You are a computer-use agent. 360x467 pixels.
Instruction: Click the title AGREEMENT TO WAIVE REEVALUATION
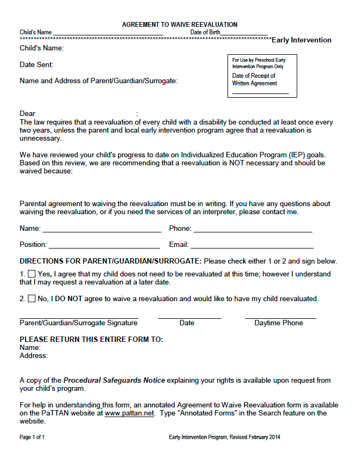(x=180, y=25)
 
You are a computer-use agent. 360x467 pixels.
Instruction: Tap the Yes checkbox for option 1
(x=32, y=274)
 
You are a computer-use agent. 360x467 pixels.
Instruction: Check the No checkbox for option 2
(x=32, y=298)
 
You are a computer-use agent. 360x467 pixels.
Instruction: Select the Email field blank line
(x=252, y=247)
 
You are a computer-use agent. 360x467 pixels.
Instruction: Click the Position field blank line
(x=104, y=247)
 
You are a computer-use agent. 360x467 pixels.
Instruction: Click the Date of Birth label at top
(x=205, y=33)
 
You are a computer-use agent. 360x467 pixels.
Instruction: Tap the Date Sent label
(x=36, y=65)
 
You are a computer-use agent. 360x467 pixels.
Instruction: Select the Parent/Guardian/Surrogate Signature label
(x=78, y=323)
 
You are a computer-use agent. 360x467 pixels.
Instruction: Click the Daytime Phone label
(x=278, y=323)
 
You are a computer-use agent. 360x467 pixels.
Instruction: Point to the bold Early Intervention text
(x=302, y=40)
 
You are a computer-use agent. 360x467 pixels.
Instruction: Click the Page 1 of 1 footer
(x=32, y=437)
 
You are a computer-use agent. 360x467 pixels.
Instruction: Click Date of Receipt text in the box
(x=254, y=76)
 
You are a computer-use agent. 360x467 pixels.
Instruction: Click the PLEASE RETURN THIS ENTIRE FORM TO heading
(x=91, y=340)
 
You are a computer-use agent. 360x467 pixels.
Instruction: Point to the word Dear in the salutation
(x=27, y=113)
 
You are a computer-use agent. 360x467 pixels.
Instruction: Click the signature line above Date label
(x=189, y=318)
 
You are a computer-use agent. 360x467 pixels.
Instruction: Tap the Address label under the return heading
(x=34, y=355)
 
